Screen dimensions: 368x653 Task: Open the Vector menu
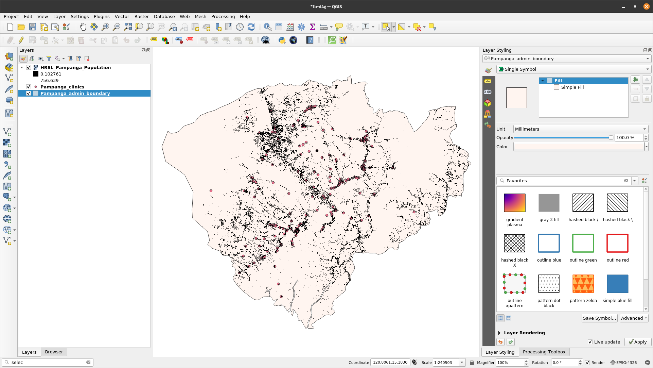click(122, 16)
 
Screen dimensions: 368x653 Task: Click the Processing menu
click(223, 16)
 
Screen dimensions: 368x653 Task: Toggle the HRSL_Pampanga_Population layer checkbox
click(29, 67)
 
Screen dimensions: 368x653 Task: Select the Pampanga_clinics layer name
click(62, 87)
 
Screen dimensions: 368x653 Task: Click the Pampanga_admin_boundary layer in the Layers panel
click(75, 93)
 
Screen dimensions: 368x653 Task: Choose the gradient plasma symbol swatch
click(514, 203)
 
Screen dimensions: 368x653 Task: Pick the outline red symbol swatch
click(617, 244)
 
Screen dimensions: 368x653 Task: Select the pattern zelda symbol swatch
click(583, 284)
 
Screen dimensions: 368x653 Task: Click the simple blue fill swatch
click(617, 284)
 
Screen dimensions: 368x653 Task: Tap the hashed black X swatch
click(514, 244)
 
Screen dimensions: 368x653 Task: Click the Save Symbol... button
click(599, 318)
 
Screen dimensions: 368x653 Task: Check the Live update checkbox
click(590, 342)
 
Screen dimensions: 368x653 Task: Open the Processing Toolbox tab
click(544, 352)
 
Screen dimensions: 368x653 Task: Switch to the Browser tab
click(54, 352)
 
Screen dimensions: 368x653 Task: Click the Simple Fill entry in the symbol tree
click(572, 87)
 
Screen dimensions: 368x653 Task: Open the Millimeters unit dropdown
click(580, 129)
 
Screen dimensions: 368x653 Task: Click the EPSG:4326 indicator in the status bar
click(623, 362)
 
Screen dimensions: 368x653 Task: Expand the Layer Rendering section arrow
click(499, 333)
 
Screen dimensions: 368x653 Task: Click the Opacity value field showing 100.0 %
click(629, 137)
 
